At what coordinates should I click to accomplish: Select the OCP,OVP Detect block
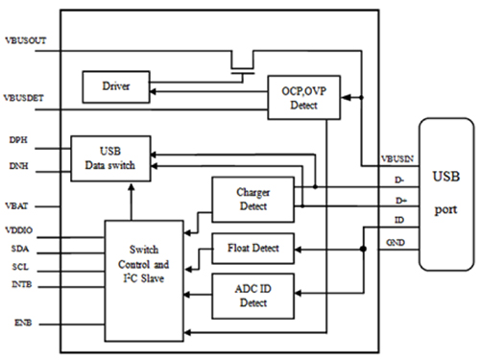(x=298, y=97)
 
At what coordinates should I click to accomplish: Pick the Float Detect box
(x=252, y=249)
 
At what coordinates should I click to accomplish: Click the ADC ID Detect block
(x=252, y=295)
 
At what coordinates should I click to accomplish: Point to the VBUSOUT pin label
(x=27, y=41)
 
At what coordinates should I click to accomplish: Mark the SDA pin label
(x=18, y=249)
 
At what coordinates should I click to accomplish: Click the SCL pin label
(x=18, y=266)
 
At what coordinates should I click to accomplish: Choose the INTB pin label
(x=20, y=284)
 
